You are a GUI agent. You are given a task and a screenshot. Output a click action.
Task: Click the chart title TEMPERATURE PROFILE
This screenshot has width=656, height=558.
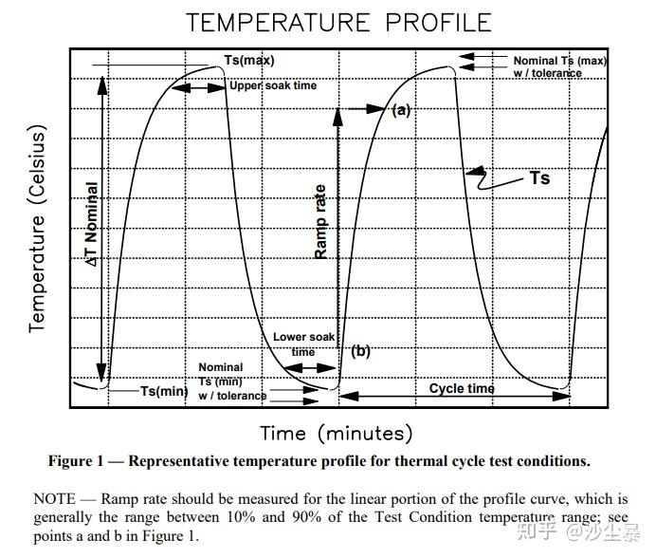pyautogui.click(x=338, y=23)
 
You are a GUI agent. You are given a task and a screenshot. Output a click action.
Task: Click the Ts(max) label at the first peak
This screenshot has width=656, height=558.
pyautogui.click(x=248, y=61)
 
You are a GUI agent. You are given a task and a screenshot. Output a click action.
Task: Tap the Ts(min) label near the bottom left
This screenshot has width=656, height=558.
pyautogui.click(x=164, y=390)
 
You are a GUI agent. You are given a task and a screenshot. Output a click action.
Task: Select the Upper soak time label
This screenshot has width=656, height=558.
pyautogui.click(x=272, y=86)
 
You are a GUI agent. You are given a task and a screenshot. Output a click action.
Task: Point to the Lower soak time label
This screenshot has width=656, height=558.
pyautogui.click(x=303, y=344)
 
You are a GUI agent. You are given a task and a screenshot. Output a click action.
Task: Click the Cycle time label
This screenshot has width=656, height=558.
pyautogui.click(x=462, y=388)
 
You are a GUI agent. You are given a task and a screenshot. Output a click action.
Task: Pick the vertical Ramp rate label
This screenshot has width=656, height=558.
pyautogui.click(x=320, y=221)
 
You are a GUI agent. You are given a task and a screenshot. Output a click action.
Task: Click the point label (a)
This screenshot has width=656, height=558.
pyautogui.click(x=401, y=110)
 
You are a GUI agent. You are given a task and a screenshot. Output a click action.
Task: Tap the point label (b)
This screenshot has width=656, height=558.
pyautogui.click(x=360, y=351)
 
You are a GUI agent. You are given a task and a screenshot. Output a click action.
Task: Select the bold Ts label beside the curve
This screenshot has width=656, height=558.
pyautogui.click(x=539, y=177)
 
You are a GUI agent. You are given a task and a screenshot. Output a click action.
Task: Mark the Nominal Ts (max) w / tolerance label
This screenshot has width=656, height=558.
pyautogui.click(x=560, y=66)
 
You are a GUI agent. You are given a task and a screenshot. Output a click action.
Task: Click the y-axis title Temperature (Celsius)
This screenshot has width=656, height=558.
pyautogui.click(x=37, y=232)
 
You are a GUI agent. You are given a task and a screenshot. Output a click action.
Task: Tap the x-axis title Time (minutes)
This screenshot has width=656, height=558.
pyautogui.click(x=337, y=434)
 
